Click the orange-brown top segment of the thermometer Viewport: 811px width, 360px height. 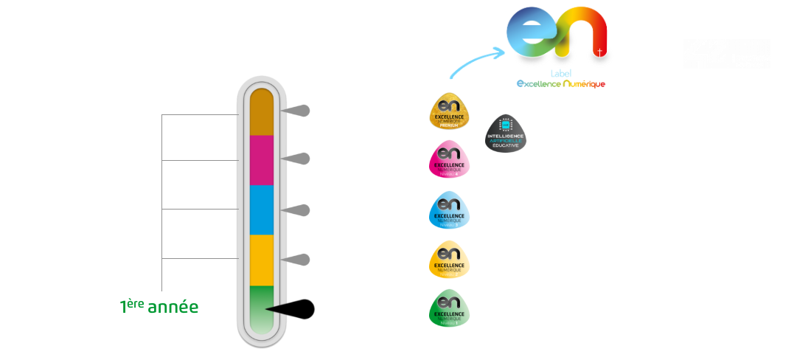(x=262, y=112)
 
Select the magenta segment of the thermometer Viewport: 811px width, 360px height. (x=262, y=160)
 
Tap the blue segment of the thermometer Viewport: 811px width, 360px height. (x=262, y=210)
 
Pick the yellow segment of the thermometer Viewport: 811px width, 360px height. (x=262, y=259)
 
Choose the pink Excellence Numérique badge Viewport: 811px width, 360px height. (x=450, y=159)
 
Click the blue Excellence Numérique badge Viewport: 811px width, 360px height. (x=450, y=210)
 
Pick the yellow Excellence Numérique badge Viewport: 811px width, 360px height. (x=450, y=259)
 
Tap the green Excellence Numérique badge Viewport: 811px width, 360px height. (x=450, y=308)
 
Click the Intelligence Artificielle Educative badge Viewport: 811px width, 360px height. (x=505, y=134)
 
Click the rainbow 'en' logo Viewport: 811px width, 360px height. (x=559, y=37)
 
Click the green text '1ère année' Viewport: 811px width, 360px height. (x=159, y=306)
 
